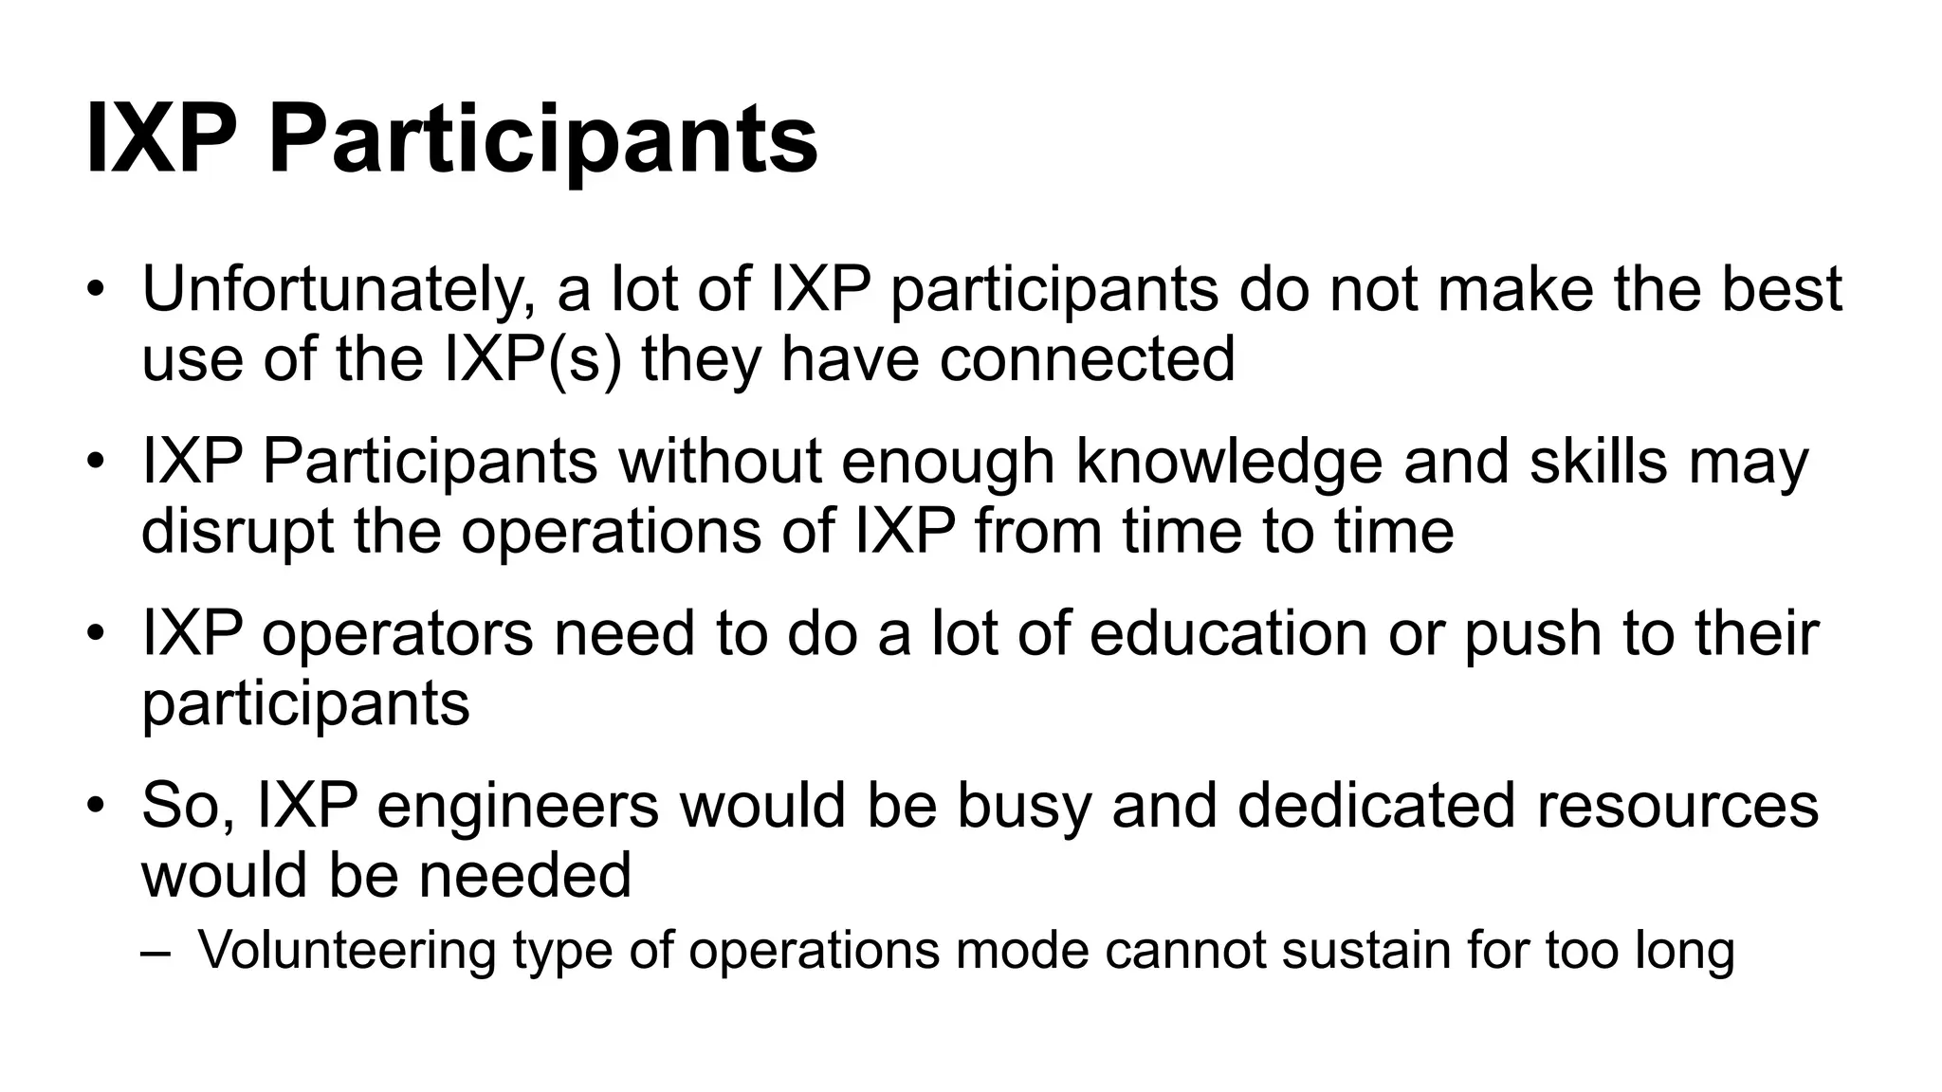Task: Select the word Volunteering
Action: pos(347,950)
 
